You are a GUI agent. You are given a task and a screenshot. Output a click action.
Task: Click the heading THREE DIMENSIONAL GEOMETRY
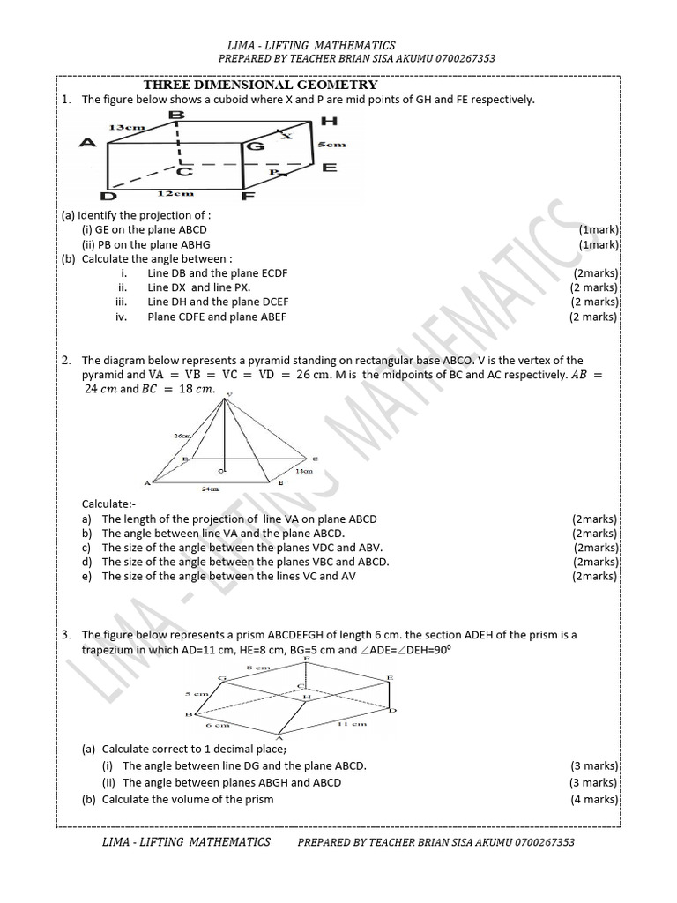[x=260, y=86]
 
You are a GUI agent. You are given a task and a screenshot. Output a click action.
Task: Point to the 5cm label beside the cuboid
[x=331, y=144]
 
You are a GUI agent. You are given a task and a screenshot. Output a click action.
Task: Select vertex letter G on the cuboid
[x=256, y=146]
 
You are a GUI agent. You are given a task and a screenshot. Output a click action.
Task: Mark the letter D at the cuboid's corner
[x=108, y=198]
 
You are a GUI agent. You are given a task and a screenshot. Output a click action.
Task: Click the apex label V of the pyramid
[x=229, y=395]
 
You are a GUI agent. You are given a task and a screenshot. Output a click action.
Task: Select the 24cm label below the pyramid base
[x=211, y=487]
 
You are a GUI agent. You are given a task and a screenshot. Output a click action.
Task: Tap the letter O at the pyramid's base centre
[x=220, y=473]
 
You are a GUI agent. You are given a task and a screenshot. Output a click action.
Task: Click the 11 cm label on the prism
[x=353, y=723]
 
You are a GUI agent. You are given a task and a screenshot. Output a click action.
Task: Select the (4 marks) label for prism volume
[x=593, y=799]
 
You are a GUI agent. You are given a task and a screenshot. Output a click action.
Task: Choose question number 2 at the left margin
[x=66, y=360]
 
